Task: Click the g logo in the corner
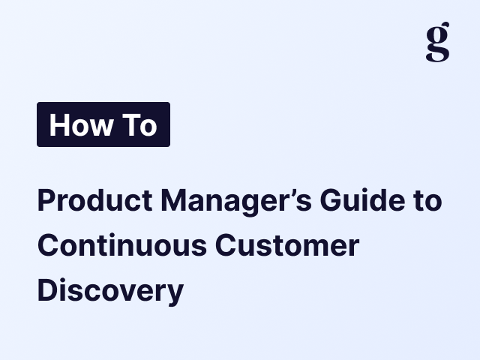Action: click(x=437, y=42)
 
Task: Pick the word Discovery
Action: click(x=110, y=289)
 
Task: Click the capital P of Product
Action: click(x=45, y=202)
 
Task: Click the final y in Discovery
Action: click(x=175, y=292)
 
